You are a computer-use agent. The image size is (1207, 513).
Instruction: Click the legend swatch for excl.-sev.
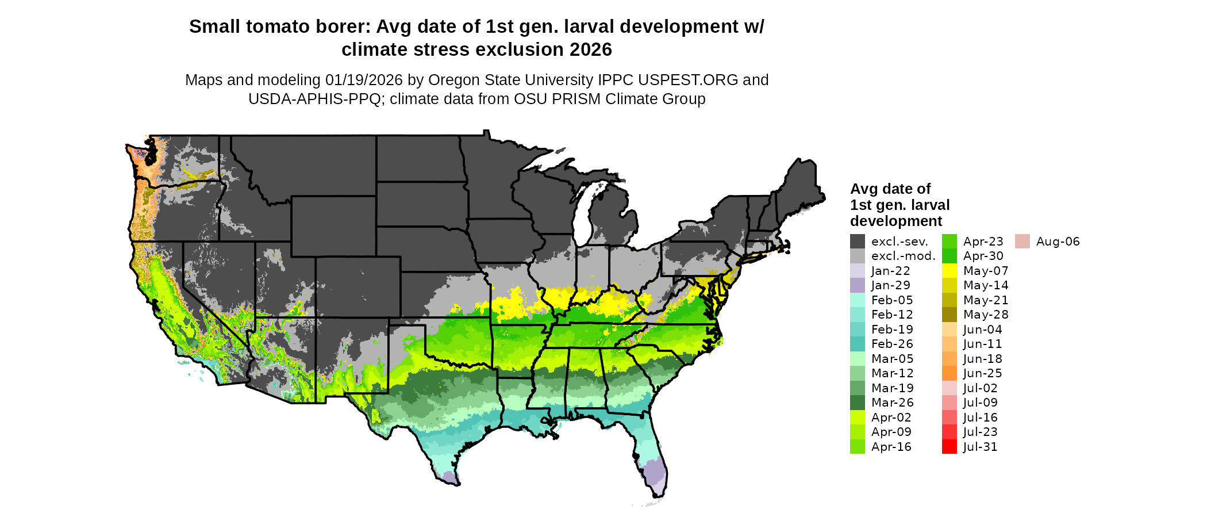pos(857,242)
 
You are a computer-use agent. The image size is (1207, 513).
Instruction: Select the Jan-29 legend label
pos(890,285)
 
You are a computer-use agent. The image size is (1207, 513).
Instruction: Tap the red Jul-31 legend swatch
pos(949,447)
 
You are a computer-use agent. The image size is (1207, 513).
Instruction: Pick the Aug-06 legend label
pos(1058,242)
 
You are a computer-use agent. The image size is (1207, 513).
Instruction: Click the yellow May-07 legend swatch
pos(949,271)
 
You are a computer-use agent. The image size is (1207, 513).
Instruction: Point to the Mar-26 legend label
pos(892,403)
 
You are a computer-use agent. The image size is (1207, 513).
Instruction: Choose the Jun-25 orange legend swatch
pos(949,373)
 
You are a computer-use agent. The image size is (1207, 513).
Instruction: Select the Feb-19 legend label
pos(892,330)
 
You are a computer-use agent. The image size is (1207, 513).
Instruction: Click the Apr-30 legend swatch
pos(949,256)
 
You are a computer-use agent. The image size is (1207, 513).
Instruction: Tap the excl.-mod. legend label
pos(903,256)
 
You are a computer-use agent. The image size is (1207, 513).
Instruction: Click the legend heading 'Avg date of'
pos(890,189)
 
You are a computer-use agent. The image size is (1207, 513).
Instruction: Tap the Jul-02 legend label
pos(980,388)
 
